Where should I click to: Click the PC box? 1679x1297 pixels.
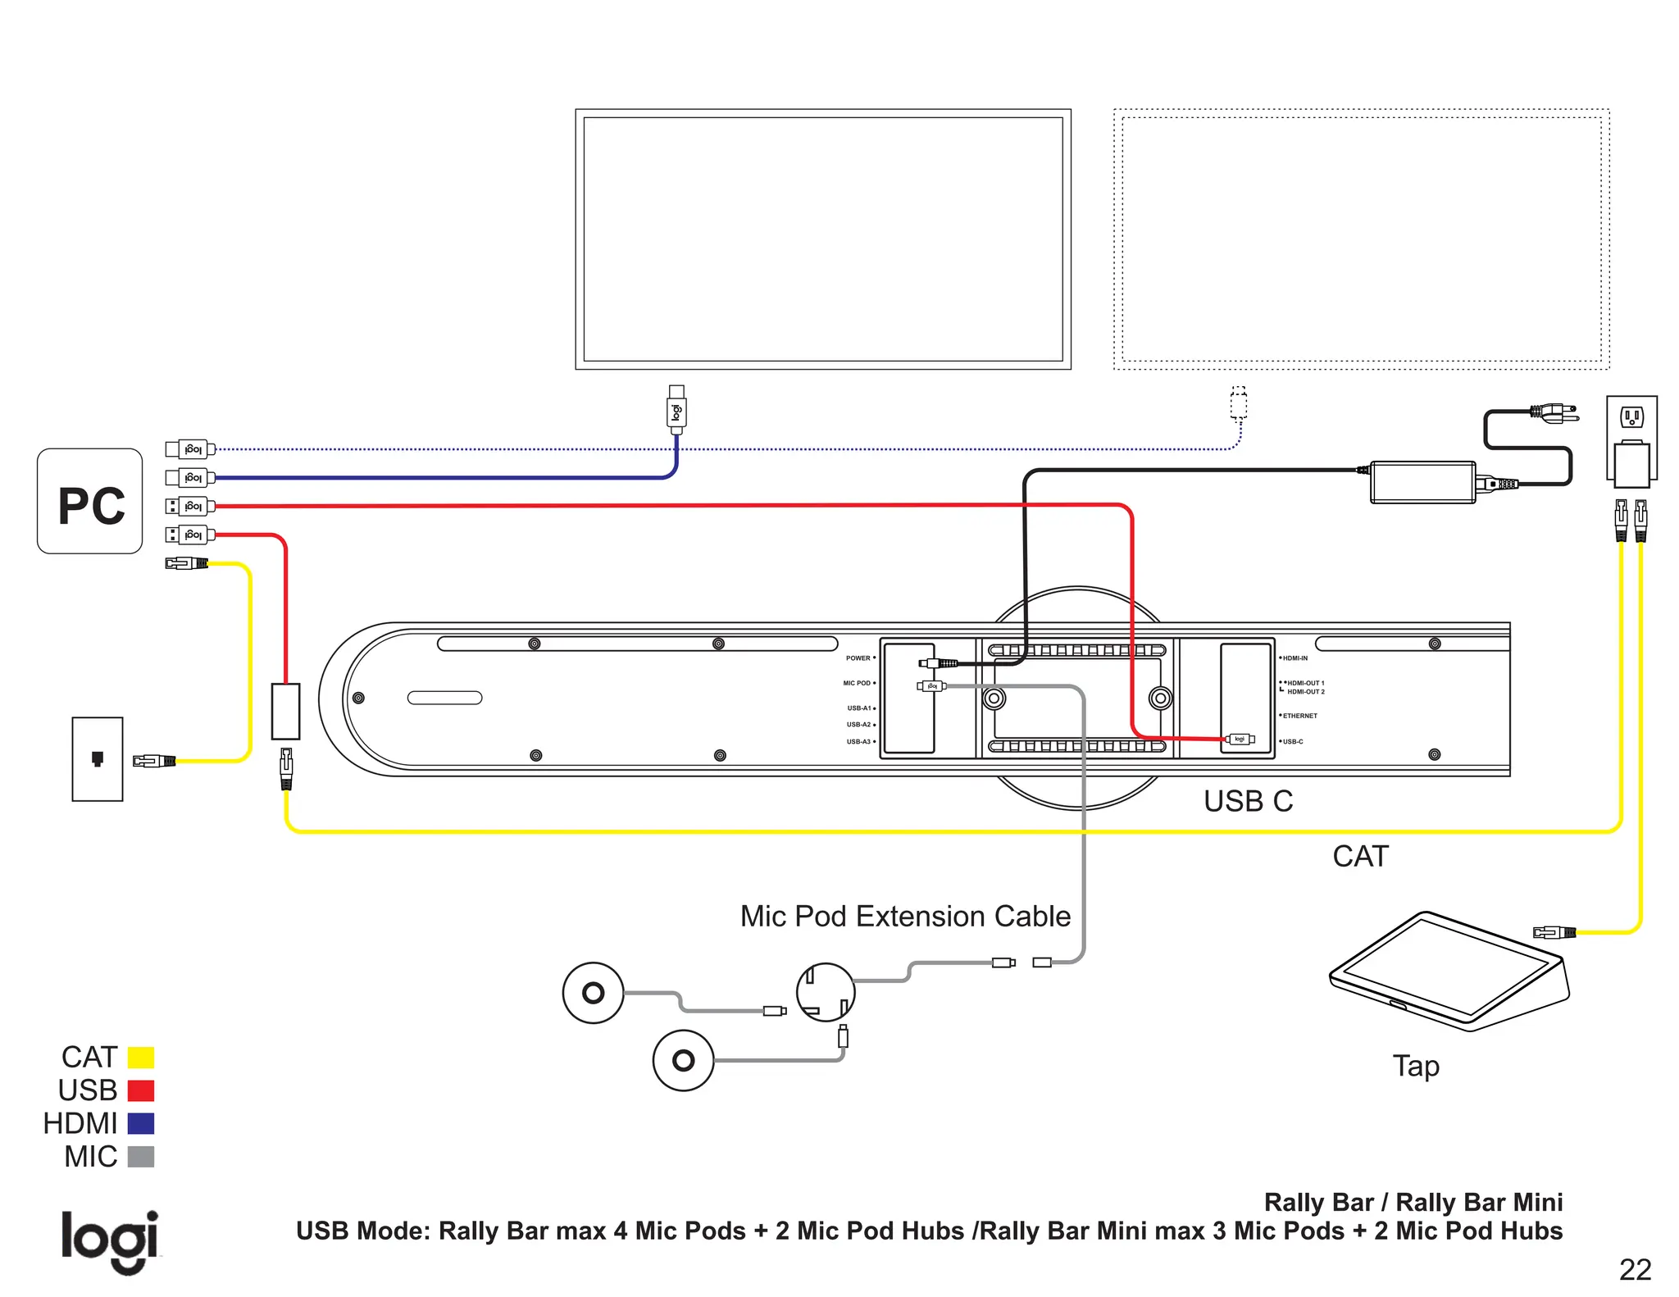(x=90, y=501)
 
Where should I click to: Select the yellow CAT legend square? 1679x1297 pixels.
(x=141, y=1058)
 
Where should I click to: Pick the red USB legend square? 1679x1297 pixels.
(x=141, y=1090)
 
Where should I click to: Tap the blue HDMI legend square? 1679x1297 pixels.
(x=141, y=1123)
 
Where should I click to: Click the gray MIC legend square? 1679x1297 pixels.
(x=141, y=1157)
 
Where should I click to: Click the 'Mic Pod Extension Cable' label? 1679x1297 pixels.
(x=905, y=917)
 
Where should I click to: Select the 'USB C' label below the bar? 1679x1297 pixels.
(x=1248, y=801)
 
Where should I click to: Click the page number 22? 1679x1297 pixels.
(x=1635, y=1270)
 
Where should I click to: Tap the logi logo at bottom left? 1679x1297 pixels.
(x=110, y=1240)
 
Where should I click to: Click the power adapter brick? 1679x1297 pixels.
(x=1423, y=482)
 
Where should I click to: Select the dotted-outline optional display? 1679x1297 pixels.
(x=1361, y=239)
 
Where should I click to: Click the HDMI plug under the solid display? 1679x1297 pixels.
(x=676, y=409)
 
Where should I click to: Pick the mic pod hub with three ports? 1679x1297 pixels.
(x=826, y=991)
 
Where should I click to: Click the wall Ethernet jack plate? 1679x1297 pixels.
(x=98, y=759)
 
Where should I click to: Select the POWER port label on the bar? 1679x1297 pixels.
(x=858, y=658)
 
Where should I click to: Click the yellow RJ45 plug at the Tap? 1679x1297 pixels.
(x=1554, y=932)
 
